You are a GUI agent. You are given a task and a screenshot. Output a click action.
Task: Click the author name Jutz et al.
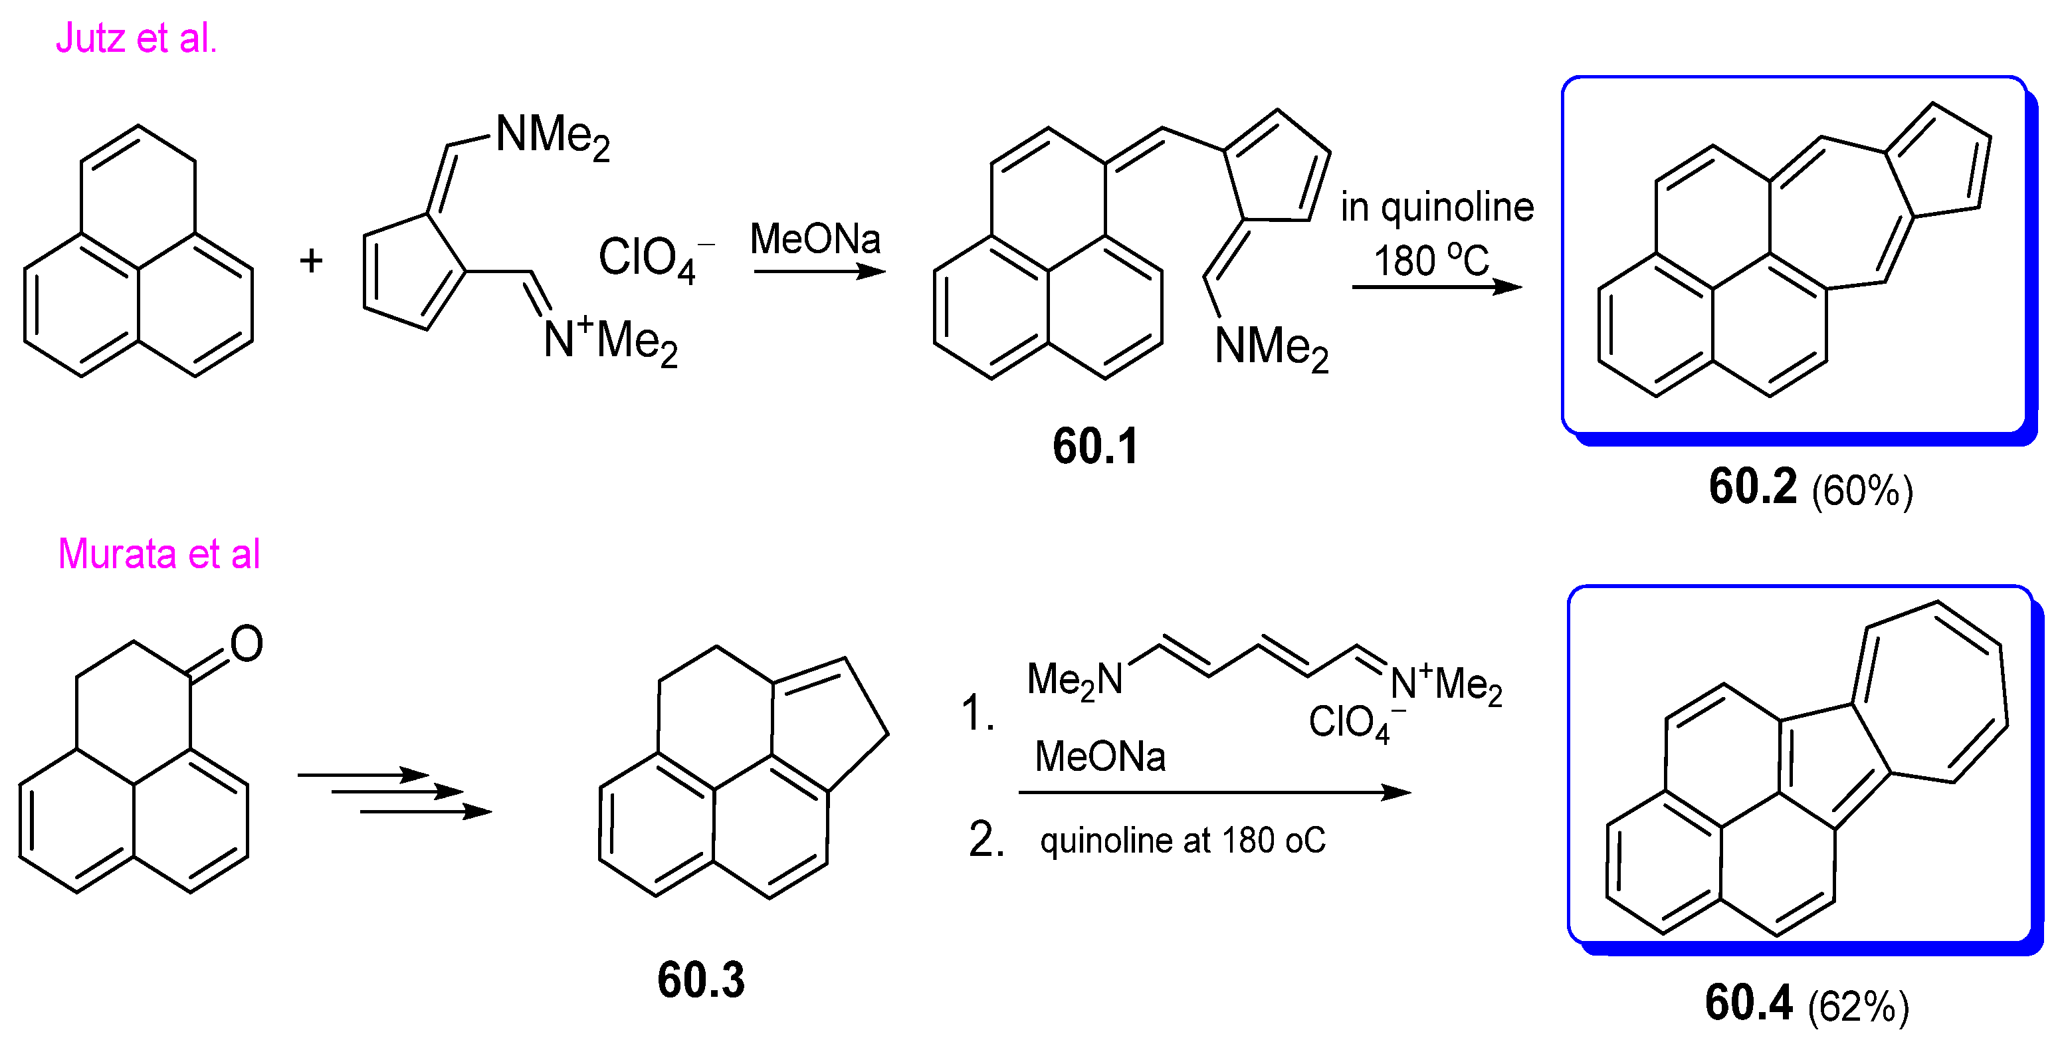tap(136, 39)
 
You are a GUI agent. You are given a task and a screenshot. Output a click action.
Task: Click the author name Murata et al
tap(159, 554)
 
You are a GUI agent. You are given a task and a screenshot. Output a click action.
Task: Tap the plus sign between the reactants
tap(311, 260)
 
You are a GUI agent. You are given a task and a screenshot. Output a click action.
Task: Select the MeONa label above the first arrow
tap(815, 239)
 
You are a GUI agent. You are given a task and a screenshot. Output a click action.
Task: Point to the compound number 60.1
tap(1094, 447)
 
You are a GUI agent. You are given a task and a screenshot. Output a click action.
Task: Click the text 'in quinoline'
tap(1437, 207)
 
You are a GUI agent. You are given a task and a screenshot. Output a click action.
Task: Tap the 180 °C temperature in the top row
tap(1431, 260)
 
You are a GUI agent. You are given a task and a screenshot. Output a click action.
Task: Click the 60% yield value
tap(1862, 490)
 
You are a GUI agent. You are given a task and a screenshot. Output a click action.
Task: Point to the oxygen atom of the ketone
tap(246, 644)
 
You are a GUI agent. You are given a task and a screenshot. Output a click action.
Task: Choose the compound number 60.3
tap(701, 980)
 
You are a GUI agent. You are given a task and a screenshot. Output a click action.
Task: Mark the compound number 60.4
tap(1748, 1002)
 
